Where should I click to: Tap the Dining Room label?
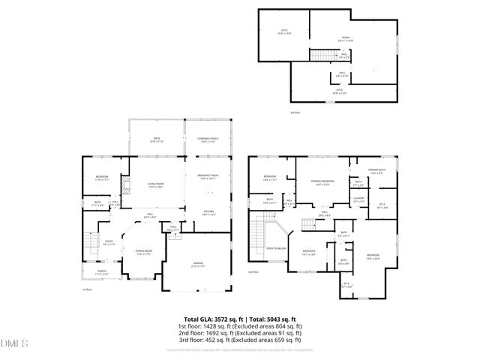[143, 253]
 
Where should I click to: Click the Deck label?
[157, 139]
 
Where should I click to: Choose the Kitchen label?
[209, 213]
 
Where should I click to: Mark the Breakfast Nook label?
[208, 177]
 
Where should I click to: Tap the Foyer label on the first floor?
[109, 242]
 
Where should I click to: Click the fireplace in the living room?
[127, 193]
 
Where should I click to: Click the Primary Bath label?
[376, 172]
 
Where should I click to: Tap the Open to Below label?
[277, 247]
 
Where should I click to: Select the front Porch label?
[101, 273]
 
